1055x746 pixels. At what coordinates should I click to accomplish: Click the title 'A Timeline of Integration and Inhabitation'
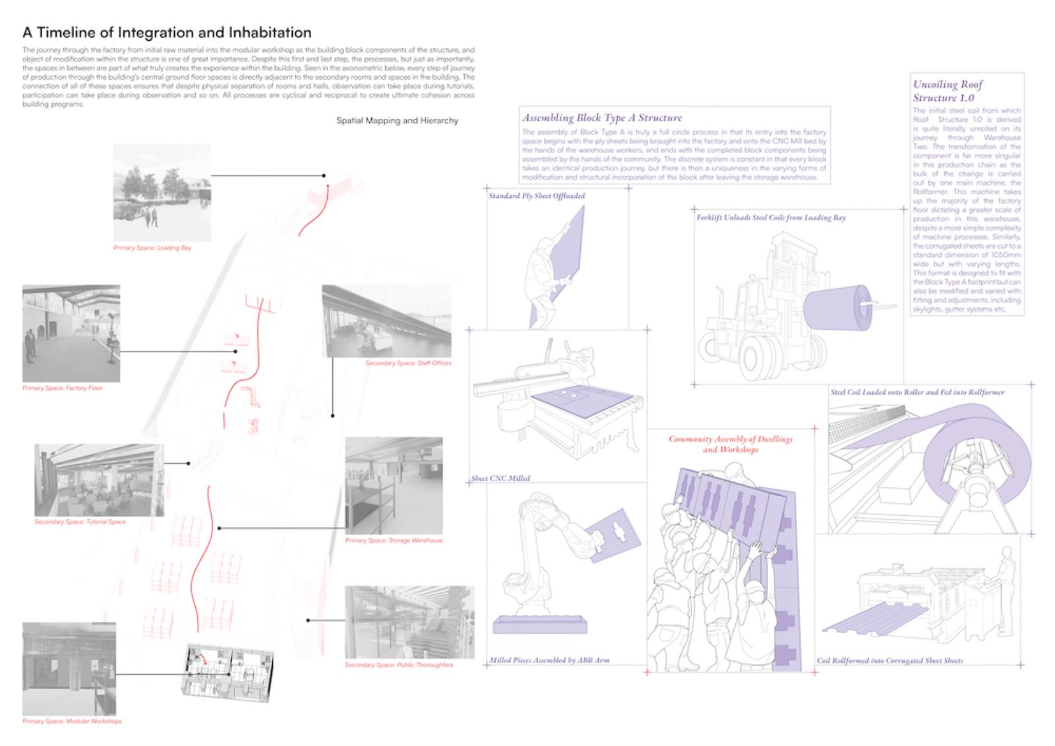coord(167,32)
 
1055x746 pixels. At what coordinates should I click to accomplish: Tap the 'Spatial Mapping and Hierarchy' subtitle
coord(397,121)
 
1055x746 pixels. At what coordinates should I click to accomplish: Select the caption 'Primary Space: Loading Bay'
coord(152,248)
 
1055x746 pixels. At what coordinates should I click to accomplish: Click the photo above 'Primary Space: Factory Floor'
coord(71,333)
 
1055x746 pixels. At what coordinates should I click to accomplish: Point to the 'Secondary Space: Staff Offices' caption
coord(408,363)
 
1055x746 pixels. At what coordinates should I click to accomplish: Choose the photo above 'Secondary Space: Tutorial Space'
coord(99,480)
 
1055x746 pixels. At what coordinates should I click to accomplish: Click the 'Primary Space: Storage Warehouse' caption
coord(394,540)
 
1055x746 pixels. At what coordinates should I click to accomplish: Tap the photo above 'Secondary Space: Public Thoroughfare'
coord(409,622)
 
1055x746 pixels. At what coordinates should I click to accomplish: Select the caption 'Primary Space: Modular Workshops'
coord(72,721)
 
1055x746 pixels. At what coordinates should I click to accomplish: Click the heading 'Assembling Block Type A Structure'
coord(602,118)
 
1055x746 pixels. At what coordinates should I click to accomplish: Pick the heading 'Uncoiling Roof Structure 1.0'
coord(948,91)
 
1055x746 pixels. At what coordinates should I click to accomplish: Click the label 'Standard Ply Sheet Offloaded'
coord(536,196)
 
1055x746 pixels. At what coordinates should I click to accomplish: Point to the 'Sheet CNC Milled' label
coord(500,478)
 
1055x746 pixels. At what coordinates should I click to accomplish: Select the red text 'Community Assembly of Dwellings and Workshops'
coord(731,444)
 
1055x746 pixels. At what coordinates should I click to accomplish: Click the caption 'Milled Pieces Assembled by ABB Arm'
coord(549,660)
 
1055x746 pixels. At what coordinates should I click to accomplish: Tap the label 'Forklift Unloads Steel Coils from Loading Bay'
coord(771,218)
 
